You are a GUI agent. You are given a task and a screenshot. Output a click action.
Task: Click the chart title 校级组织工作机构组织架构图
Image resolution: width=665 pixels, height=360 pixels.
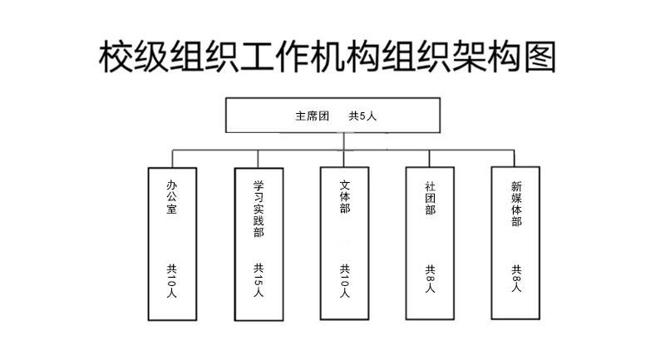tap(327, 57)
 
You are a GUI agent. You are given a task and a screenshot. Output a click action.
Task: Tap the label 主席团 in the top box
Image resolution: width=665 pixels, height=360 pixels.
tap(313, 116)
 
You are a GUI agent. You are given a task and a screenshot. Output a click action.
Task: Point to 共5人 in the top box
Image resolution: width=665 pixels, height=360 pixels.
tap(362, 116)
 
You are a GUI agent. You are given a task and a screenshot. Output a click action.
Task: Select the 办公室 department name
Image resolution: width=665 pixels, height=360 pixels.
tap(172, 197)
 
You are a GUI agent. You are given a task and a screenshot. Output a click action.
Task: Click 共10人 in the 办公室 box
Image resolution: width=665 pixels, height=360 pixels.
tap(172, 281)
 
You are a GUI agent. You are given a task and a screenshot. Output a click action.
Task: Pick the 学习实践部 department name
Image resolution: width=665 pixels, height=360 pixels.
tap(259, 209)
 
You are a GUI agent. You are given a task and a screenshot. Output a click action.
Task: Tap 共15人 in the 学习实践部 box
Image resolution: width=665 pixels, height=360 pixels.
tap(259, 280)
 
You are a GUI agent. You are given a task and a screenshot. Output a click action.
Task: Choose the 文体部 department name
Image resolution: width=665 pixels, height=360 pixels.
tap(345, 196)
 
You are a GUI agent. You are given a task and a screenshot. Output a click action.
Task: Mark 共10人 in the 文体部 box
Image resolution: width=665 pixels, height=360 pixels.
tap(345, 281)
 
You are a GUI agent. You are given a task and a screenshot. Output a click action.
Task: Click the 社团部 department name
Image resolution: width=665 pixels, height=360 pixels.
tap(430, 198)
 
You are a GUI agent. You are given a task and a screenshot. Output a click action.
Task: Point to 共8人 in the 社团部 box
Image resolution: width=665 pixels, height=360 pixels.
tap(430, 279)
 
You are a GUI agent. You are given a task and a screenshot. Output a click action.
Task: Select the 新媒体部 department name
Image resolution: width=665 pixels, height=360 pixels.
tap(516, 204)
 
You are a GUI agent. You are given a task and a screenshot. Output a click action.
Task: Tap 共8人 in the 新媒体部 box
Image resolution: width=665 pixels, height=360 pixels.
tap(516, 279)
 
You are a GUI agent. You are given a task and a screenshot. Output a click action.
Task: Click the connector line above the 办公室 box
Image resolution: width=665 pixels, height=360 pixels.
tap(172, 159)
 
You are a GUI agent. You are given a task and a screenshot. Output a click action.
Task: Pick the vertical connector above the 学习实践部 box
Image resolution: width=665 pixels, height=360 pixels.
tap(258, 159)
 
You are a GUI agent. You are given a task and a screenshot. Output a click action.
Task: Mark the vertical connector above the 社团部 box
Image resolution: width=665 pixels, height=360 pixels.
tap(429, 159)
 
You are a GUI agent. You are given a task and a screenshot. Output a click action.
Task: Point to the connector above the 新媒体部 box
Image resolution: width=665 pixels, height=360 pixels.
tap(515, 158)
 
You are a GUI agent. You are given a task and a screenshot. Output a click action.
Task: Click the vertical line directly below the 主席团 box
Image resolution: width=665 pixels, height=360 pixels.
tap(344, 141)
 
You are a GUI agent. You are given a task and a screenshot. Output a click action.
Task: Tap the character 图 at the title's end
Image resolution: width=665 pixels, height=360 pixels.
tap(539, 57)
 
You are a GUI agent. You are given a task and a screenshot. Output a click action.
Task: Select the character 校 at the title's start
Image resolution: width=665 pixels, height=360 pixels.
tap(116, 57)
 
